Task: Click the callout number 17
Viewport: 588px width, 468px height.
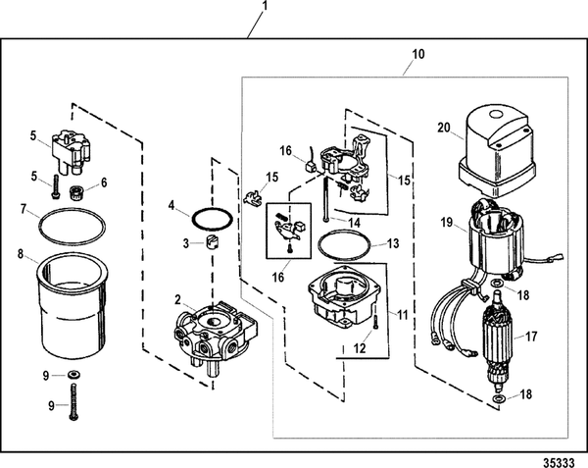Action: (x=533, y=335)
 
